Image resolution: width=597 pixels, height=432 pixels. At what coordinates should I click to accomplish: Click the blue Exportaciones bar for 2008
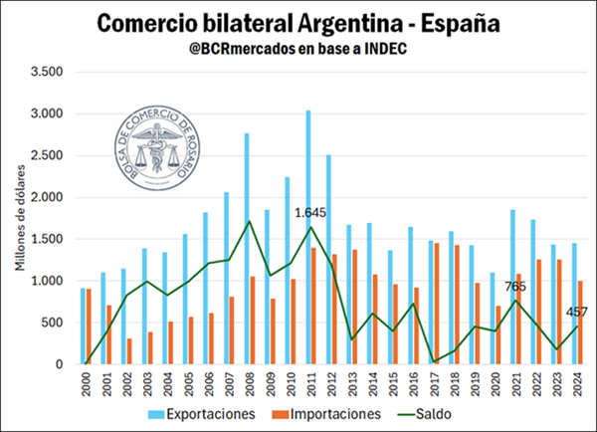tap(246, 249)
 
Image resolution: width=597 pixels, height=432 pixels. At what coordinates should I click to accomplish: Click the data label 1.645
tap(312, 213)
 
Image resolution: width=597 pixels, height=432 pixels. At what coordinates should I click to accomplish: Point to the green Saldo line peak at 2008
tap(248, 221)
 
